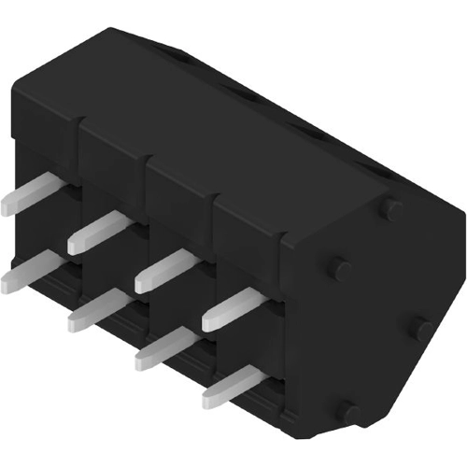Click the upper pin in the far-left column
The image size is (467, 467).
[x=28, y=196]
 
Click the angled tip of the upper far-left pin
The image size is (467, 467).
[x=7, y=205]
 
